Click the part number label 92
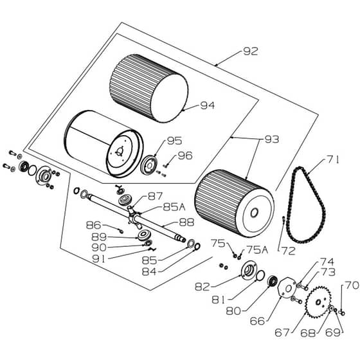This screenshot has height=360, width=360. (251, 51)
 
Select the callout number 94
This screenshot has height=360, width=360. (208, 105)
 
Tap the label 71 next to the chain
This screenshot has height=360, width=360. (332, 159)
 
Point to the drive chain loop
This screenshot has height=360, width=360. (306, 204)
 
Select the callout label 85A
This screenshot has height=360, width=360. (174, 207)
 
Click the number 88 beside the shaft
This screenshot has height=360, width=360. (186, 222)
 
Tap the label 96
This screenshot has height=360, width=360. (185, 156)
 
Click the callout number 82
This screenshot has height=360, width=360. (203, 287)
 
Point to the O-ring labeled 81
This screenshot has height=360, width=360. (260, 275)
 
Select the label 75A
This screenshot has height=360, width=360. (257, 250)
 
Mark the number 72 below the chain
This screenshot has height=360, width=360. (289, 251)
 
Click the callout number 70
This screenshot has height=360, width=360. (352, 285)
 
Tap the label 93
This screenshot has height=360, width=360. (272, 139)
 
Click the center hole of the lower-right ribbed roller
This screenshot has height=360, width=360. (254, 213)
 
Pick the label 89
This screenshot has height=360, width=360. (99, 237)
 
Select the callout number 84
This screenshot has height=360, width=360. (149, 272)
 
